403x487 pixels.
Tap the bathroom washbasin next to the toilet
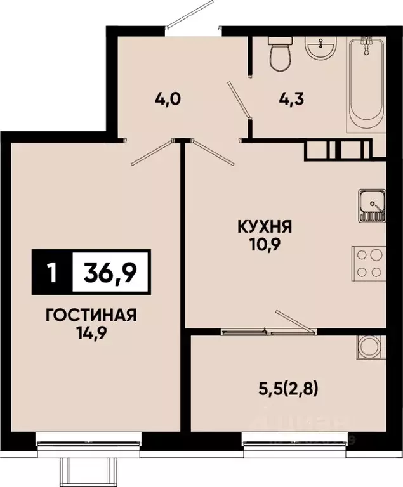click(x=320, y=48)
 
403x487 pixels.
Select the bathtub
click(x=366, y=82)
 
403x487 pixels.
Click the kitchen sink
click(x=371, y=205)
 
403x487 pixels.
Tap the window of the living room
click(x=88, y=438)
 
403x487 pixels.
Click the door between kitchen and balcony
click(x=293, y=321)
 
